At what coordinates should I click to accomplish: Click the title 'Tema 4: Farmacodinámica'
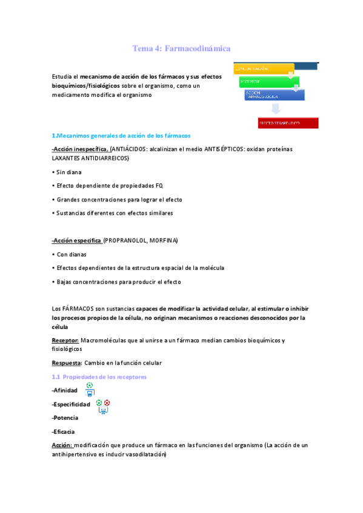point(181,48)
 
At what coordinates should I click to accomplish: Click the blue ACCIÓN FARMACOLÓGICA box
point(274,95)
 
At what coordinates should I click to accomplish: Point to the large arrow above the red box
point(276,109)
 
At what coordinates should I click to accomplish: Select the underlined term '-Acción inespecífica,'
point(80,149)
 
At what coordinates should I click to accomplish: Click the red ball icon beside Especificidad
point(107,403)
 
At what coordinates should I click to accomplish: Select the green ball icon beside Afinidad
point(90,385)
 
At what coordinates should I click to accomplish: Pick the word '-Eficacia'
point(64,431)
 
